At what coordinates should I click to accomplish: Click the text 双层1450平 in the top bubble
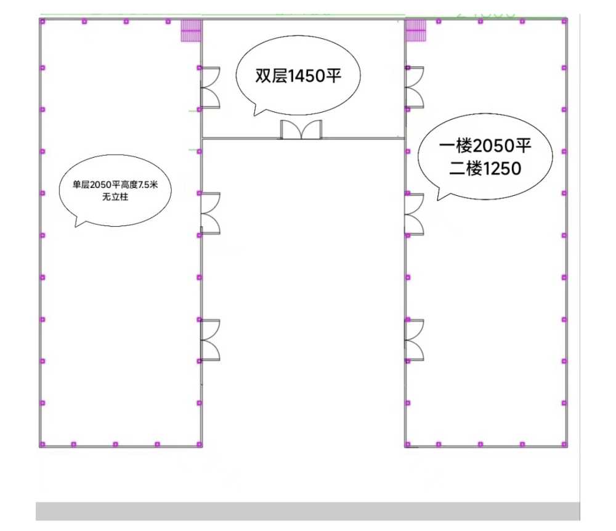pos(298,75)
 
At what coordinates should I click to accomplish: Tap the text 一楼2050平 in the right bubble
pos(485,146)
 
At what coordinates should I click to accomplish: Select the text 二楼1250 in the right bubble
pos(485,169)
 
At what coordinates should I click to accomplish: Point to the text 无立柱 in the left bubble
pos(115,197)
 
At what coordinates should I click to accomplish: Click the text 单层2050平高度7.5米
pos(115,185)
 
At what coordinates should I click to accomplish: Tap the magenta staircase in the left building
pos(191,30)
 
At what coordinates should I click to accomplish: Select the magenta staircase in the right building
pos(416,30)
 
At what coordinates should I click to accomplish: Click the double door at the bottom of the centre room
pos(301,129)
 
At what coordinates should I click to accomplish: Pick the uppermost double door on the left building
pos(210,87)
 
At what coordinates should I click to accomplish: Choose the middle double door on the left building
pos(210,214)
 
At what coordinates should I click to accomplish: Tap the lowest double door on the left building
pos(210,340)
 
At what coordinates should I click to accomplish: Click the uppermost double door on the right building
pos(415,87)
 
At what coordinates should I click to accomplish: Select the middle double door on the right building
pos(415,214)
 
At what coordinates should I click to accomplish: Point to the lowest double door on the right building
pos(415,340)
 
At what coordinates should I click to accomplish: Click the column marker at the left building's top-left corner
pos(43,22)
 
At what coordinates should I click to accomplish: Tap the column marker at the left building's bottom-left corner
pos(43,445)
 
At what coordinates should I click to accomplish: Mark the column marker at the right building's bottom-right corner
pos(564,445)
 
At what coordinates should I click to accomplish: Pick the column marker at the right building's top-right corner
pos(564,22)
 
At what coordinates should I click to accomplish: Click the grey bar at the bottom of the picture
pos(308,511)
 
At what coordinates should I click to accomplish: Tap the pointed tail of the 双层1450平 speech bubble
pos(254,115)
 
